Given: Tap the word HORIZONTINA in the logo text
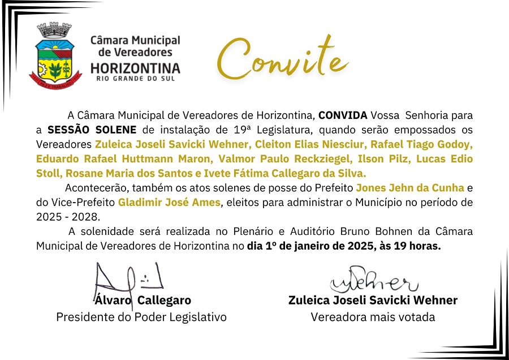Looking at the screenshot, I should (135, 68).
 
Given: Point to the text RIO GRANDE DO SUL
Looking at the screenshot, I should (135, 78).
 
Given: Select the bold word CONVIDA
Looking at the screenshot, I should (343, 115).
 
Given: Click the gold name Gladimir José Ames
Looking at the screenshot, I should (169, 202).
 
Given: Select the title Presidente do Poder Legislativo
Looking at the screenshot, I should (141, 317).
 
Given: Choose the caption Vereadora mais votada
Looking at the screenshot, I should (373, 317).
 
